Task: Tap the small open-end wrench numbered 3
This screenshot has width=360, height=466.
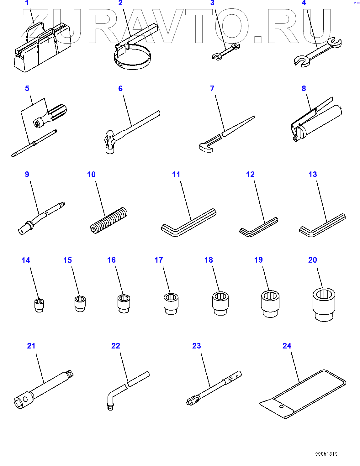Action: click(226, 51)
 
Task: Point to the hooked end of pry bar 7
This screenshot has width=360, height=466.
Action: click(206, 148)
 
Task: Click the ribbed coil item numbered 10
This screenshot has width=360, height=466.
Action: click(109, 220)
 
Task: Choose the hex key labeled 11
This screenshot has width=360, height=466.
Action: click(188, 223)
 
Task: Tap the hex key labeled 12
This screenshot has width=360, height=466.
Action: click(258, 227)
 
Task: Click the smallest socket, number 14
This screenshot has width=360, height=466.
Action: click(39, 305)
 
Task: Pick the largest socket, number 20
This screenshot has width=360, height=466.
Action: click(324, 305)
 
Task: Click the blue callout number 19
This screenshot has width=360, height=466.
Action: click(258, 260)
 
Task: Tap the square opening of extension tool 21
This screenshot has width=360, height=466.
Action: click(19, 403)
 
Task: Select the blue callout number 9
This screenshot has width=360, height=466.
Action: click(27, 174)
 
